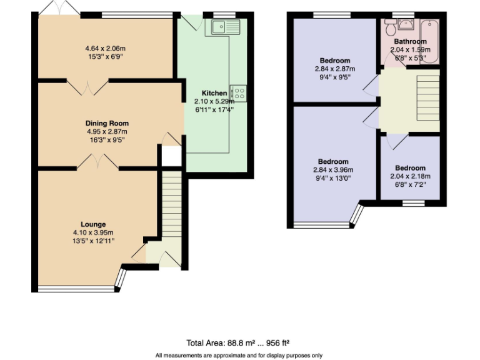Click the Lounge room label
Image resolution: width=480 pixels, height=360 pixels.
click(93, 224)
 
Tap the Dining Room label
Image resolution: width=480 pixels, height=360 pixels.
click(107, 123)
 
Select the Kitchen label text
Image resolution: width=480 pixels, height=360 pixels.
click(214, 93)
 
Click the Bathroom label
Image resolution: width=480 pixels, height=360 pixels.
click(410, 42)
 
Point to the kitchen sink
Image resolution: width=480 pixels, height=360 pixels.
click(226, 26)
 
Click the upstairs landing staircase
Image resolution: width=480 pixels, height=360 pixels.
click(427, 94)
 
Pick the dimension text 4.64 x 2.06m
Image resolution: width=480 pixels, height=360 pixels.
click(106, 48)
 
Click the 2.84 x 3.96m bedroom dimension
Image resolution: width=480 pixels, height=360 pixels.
click(333, 170)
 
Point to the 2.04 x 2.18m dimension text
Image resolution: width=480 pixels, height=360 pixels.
click(410, 176)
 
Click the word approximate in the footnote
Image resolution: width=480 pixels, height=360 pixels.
click(220, 355)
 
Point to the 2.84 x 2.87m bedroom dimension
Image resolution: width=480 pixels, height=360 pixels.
click(333, 69)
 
